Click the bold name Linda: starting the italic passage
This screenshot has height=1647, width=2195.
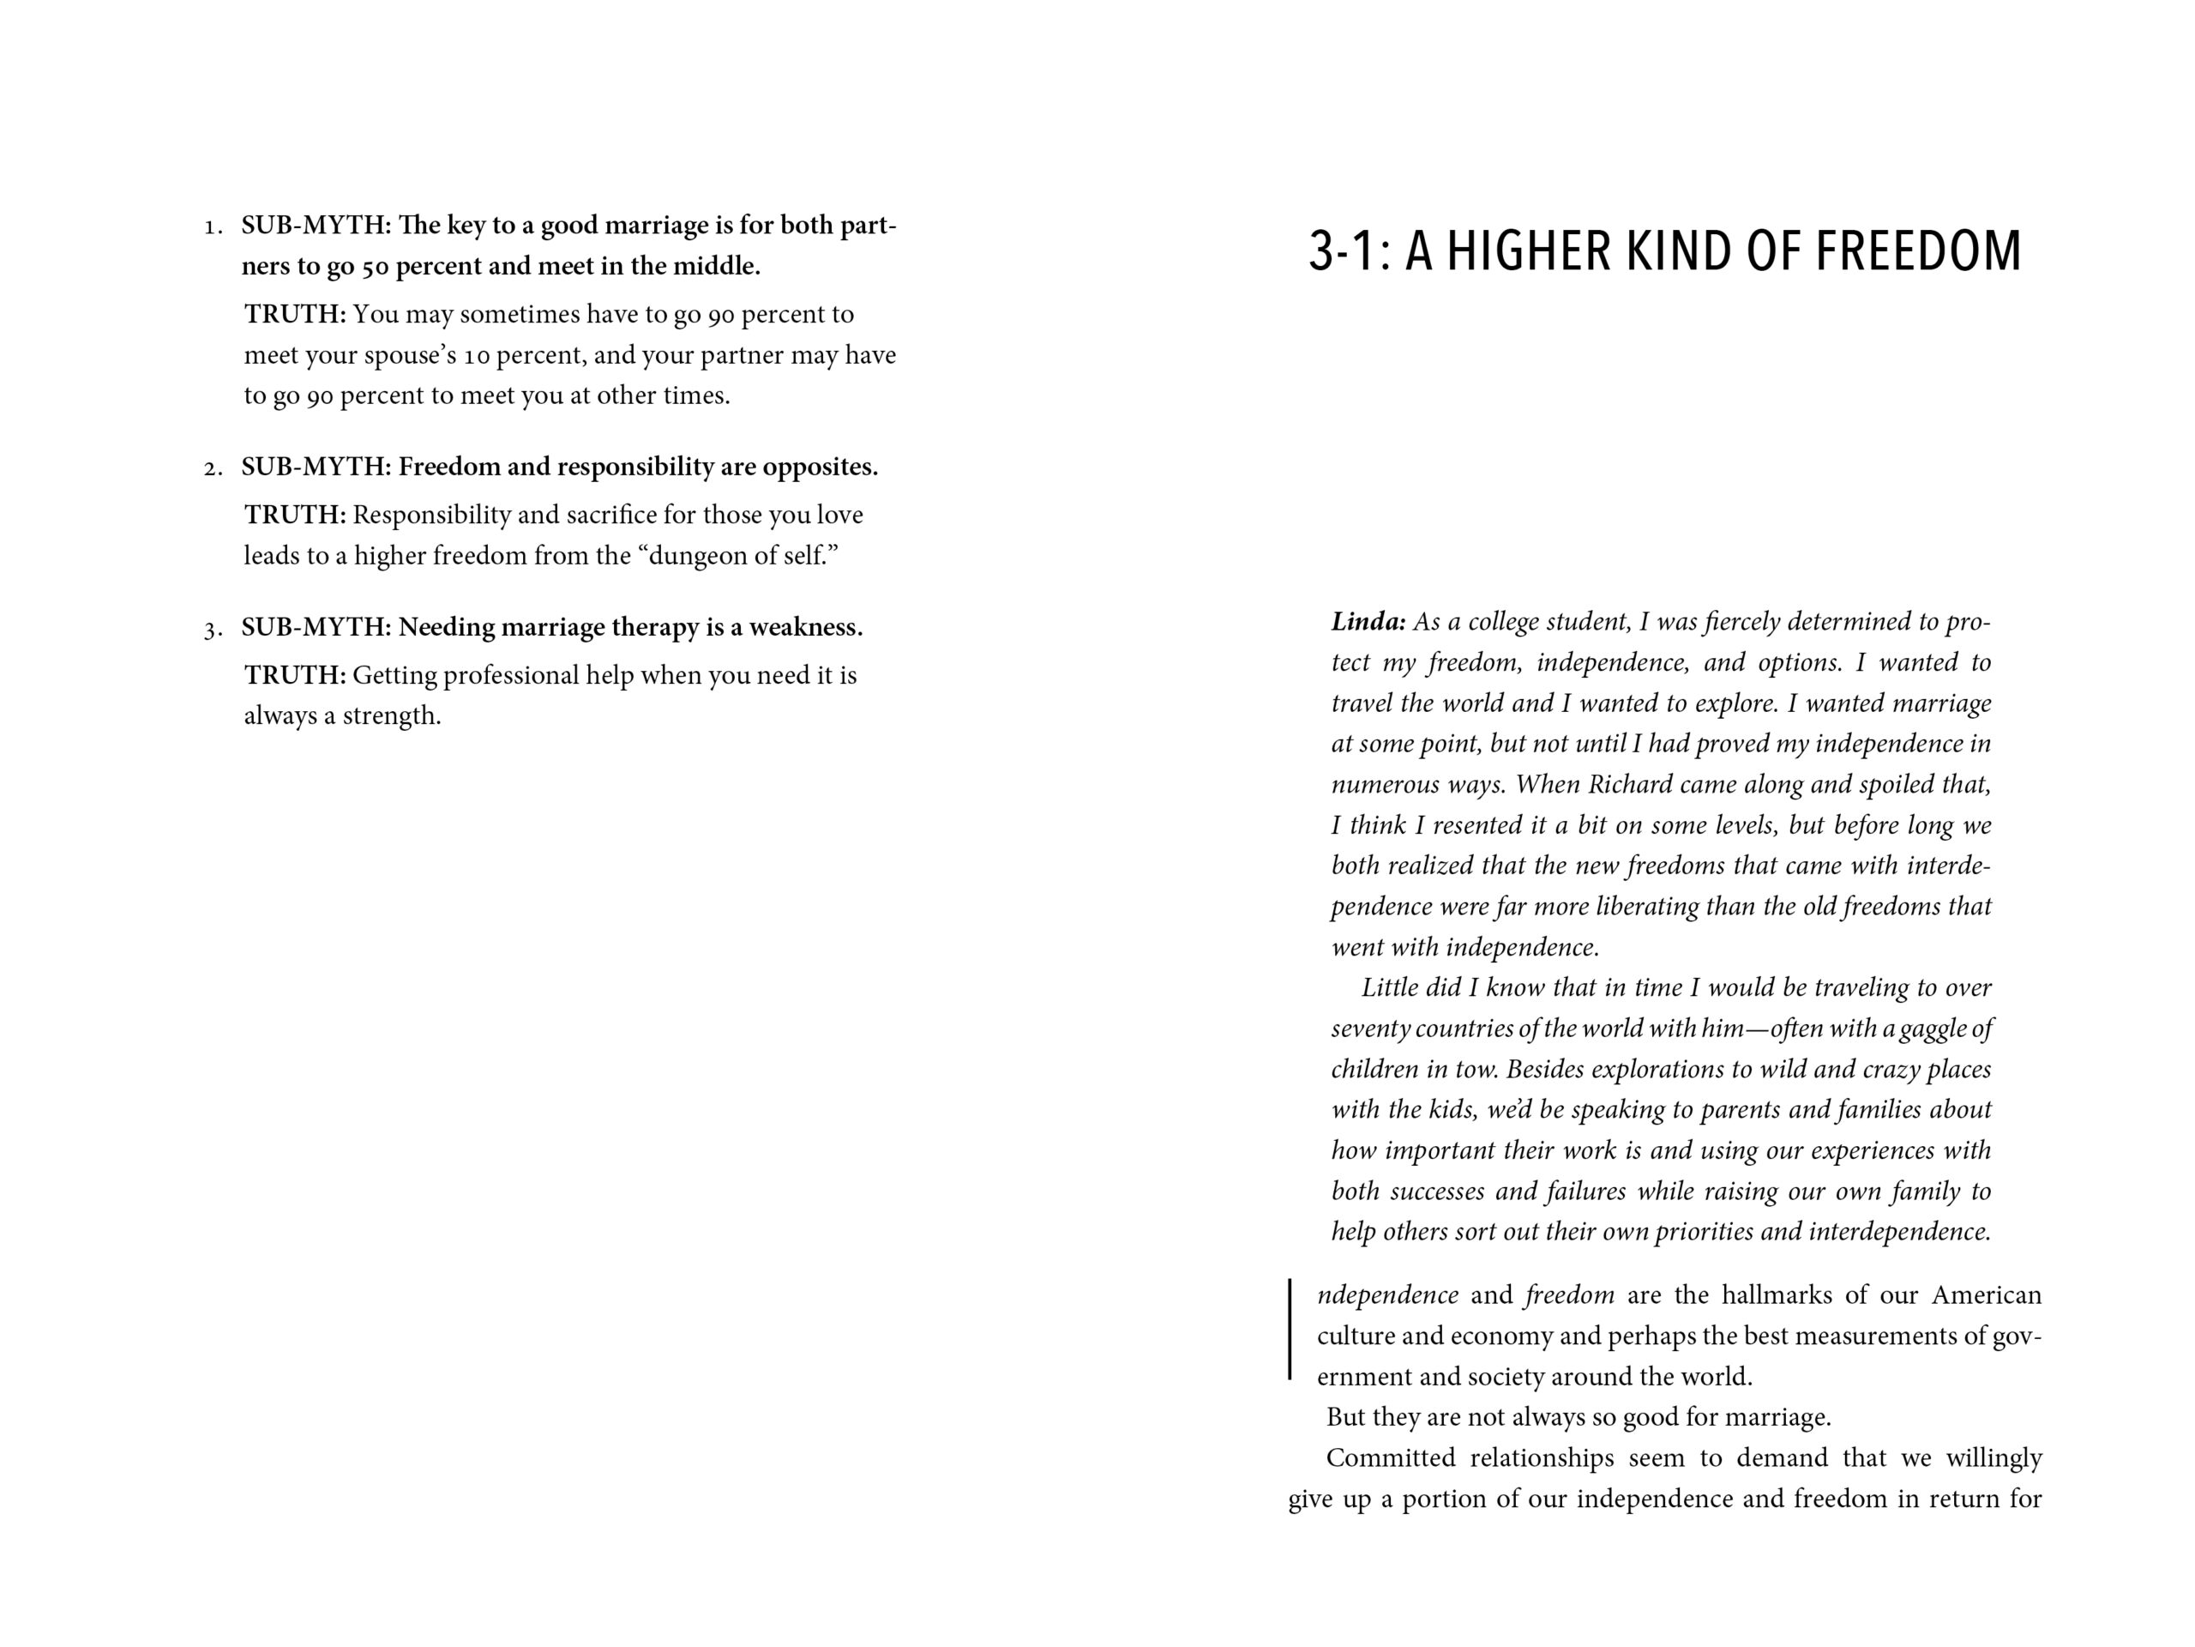coord(1368,623)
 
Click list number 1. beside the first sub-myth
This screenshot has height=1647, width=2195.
coord(213,227)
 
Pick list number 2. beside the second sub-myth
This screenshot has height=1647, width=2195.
coord(213,468)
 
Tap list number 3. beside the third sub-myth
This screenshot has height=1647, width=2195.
coord(213,630)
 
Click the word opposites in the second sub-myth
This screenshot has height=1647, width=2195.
coord(820,467)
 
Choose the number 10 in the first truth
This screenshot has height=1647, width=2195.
coord(478,356)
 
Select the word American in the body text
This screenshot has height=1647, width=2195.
coord(1986,1295)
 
